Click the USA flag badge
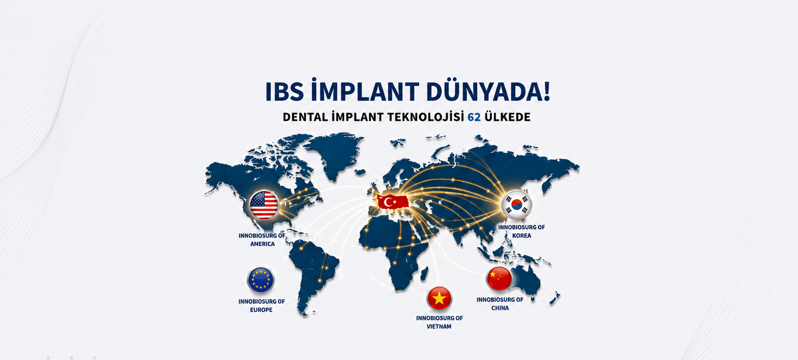pyautogui.click(x=264, y=205)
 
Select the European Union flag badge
pyautogui.click(x=261, y=280)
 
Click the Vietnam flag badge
pyautogui.click(x=439, y=298)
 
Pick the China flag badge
pyautogui.click(x=499, y=279)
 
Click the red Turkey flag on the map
pyautogui.click(x=393, y=202)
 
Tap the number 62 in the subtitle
pyautogui.click(x=474, y=117)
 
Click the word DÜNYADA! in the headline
pyautogui.click(x=488, y=91)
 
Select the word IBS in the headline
pyautogui.click(x=284, y=92)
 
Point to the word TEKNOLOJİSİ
pyautogui.click(x=426, y=117)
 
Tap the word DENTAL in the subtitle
pyautogui.click(x=305, y=117)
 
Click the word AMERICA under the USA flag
pyautogui.click(x=262, y=244)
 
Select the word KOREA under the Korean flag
pyautogui.click(x=521, y=235)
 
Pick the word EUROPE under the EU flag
pyautogui.click(x=261, y=310)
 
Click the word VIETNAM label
pyautogui.click(x=439, y=327)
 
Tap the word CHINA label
pyautogui.click(x=500, y=308)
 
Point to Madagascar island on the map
pyautogui.click(x=424, y=274)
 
